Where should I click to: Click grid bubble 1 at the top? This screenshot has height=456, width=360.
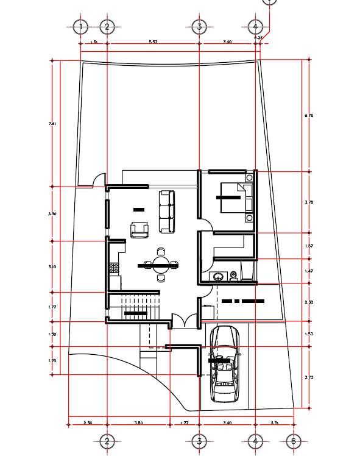pos(80,26)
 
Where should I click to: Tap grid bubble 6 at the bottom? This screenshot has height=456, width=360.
pos(293,441)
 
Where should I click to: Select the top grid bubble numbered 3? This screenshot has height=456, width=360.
pos(199,26)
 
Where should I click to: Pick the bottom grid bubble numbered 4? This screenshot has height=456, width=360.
pos(255,441)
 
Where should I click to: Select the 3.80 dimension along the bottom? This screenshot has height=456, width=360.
pos(138,422)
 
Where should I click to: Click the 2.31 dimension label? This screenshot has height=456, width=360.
pos(274,422)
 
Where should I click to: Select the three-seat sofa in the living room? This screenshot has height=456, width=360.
pos(166,211)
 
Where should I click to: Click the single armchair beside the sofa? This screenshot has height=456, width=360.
pos(140,230)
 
